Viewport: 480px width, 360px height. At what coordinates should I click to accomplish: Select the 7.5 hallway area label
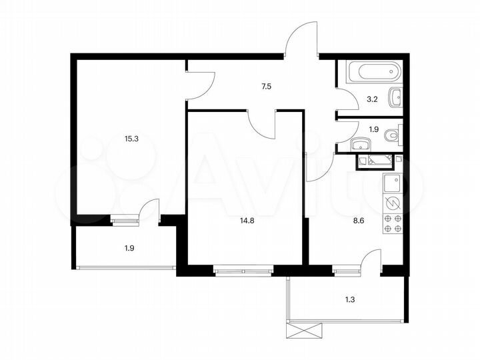[x=266, y=86]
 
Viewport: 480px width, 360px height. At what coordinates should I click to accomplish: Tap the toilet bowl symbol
[x=393, y=135]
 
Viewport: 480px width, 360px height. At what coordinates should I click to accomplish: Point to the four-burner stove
[x=392, y=223]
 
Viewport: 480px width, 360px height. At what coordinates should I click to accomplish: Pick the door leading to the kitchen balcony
[x=370, y=261]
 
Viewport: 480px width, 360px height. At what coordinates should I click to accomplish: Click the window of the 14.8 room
[x=243, y=271]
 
